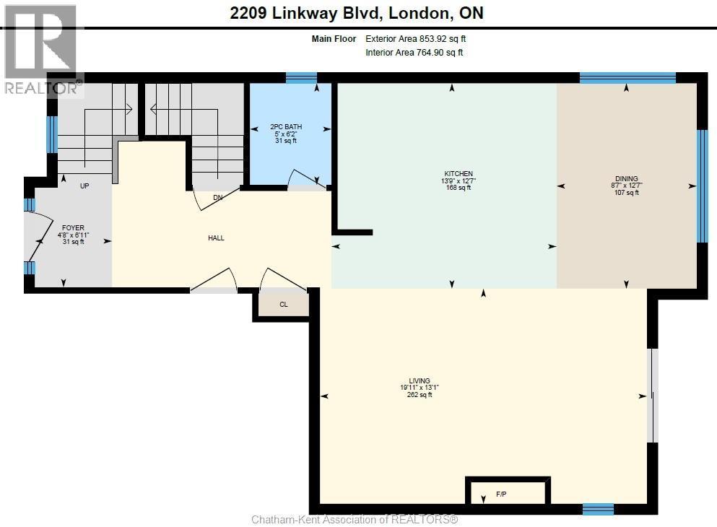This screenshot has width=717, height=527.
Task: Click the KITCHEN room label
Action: (459, 174)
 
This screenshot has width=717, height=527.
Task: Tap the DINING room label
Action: (627, 179)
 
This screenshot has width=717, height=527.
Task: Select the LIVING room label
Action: (420, 380)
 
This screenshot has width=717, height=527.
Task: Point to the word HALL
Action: (216, 238)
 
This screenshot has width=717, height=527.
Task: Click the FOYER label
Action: (73, 227)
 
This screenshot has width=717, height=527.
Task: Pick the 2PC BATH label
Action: (286, 126)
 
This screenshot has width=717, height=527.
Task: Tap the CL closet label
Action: (284, 305)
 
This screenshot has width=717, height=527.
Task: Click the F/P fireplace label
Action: (501, 494)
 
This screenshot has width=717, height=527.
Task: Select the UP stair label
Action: (84, 186)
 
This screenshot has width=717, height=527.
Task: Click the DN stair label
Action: (217, 198)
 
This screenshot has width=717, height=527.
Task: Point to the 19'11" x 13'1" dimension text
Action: (420, 388)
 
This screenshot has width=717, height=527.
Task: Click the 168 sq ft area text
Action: (459, 188)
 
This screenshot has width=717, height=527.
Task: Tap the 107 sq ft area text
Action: (627, 193)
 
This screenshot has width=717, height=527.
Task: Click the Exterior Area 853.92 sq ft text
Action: (416, 39)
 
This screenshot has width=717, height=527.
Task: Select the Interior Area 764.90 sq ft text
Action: (414, 53)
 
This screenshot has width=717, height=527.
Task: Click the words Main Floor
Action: (334, 39)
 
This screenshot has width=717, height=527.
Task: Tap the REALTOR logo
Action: (42, 51)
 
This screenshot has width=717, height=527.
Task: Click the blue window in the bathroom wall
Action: (301, 78)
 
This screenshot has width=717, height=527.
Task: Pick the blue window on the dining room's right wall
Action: (702, 186)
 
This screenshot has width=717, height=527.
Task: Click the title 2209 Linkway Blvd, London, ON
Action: (357, 13)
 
